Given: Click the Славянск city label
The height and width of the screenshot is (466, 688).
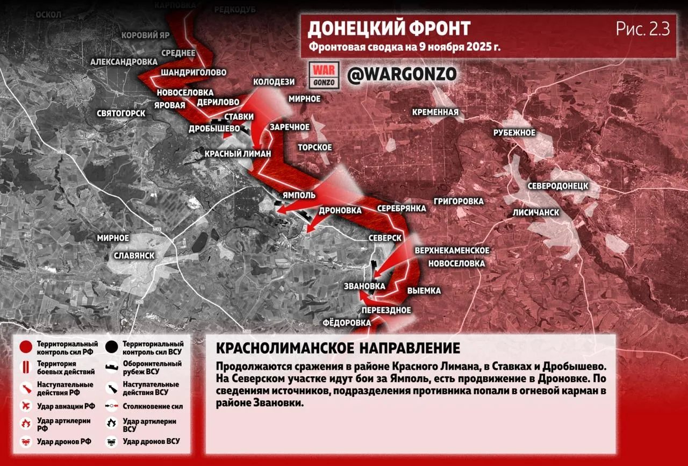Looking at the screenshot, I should tap(134, 256).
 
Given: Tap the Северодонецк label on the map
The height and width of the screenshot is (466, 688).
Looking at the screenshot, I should tap(557, 186).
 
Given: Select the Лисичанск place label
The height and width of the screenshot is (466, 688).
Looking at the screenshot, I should tap(535, 212).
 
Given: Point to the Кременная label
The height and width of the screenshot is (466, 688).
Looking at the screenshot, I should tap(435, 112).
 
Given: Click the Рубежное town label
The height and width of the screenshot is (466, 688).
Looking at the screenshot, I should tap(514, 133).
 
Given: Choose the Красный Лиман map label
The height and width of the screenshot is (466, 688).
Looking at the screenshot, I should tap(238, 154).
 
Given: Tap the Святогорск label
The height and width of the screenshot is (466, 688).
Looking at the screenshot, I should tap(121, 113).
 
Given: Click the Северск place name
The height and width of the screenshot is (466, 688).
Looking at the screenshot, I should tap(385, 238).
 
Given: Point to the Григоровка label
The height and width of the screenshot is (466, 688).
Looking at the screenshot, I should tap(458, 202).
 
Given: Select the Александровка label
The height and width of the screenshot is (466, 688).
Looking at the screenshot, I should tap(124, 62).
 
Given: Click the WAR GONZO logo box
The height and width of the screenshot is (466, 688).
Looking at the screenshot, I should tap(325, 75).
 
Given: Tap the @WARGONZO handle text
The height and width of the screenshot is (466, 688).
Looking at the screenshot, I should tap(402, 75).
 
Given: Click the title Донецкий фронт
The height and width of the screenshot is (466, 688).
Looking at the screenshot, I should tap(389, 28).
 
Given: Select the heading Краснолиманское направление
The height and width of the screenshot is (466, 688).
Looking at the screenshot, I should tap(338, 348).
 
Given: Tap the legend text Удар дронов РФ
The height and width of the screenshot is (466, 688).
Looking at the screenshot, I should tap(64, 442).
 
